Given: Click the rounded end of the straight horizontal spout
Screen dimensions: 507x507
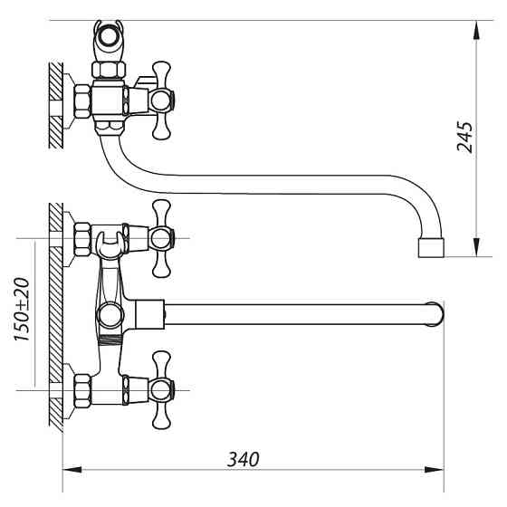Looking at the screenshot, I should click(437, 313).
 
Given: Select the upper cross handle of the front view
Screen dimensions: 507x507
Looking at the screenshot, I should click(162, 239).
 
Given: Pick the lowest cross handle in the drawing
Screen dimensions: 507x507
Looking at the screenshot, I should click(162, 389).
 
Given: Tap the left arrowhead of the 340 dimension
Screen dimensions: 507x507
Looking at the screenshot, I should click(72, 470).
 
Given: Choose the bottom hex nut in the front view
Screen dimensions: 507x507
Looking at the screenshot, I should click(80, 389).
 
